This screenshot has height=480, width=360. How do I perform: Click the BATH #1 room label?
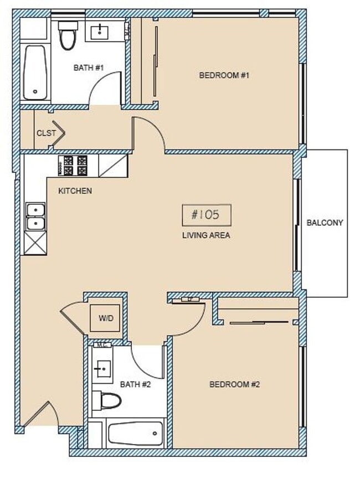[x=89, y=68]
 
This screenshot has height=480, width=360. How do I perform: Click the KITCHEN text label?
[x=75, y=191]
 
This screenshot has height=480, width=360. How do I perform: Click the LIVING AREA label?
[x=206, y=235]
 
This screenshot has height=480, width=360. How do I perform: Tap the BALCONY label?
[x=325, y=223]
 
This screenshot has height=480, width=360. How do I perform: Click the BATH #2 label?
[x=136, y=384]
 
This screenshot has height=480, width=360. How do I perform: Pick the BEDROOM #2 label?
[x=235, y=384]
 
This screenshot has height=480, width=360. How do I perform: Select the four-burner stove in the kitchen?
[x=73, y=165]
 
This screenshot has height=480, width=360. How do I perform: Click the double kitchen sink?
[x=35, y=217]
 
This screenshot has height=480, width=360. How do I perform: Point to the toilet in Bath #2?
[x=107, y=400]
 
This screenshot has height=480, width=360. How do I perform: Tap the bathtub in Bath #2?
[x=136, y=433]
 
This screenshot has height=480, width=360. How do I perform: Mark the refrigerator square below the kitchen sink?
[x=35, y=244]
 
